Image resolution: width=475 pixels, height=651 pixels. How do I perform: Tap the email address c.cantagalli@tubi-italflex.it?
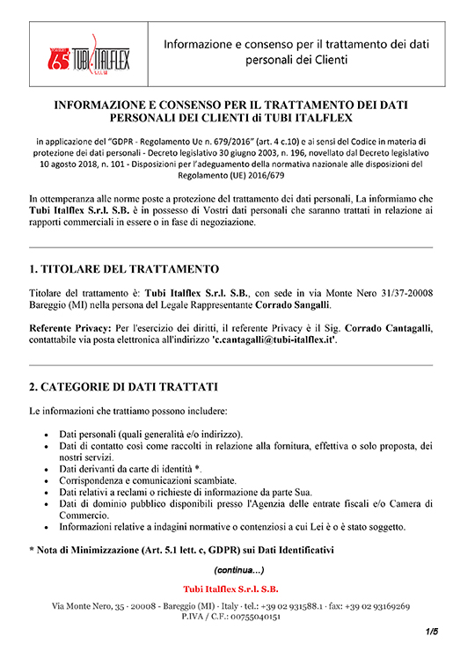[275, 340]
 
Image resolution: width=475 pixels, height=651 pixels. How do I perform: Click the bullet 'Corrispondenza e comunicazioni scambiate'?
[147, 481]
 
